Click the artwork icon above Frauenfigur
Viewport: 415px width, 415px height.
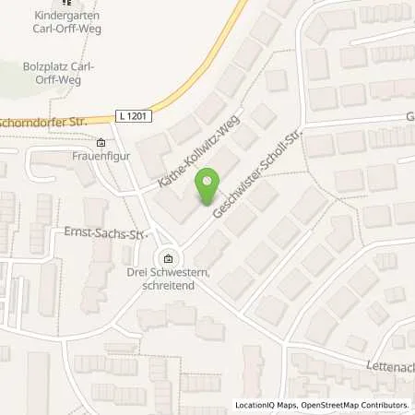101,143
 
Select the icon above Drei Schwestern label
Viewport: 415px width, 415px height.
167,258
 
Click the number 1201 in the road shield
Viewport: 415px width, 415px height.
137,113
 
